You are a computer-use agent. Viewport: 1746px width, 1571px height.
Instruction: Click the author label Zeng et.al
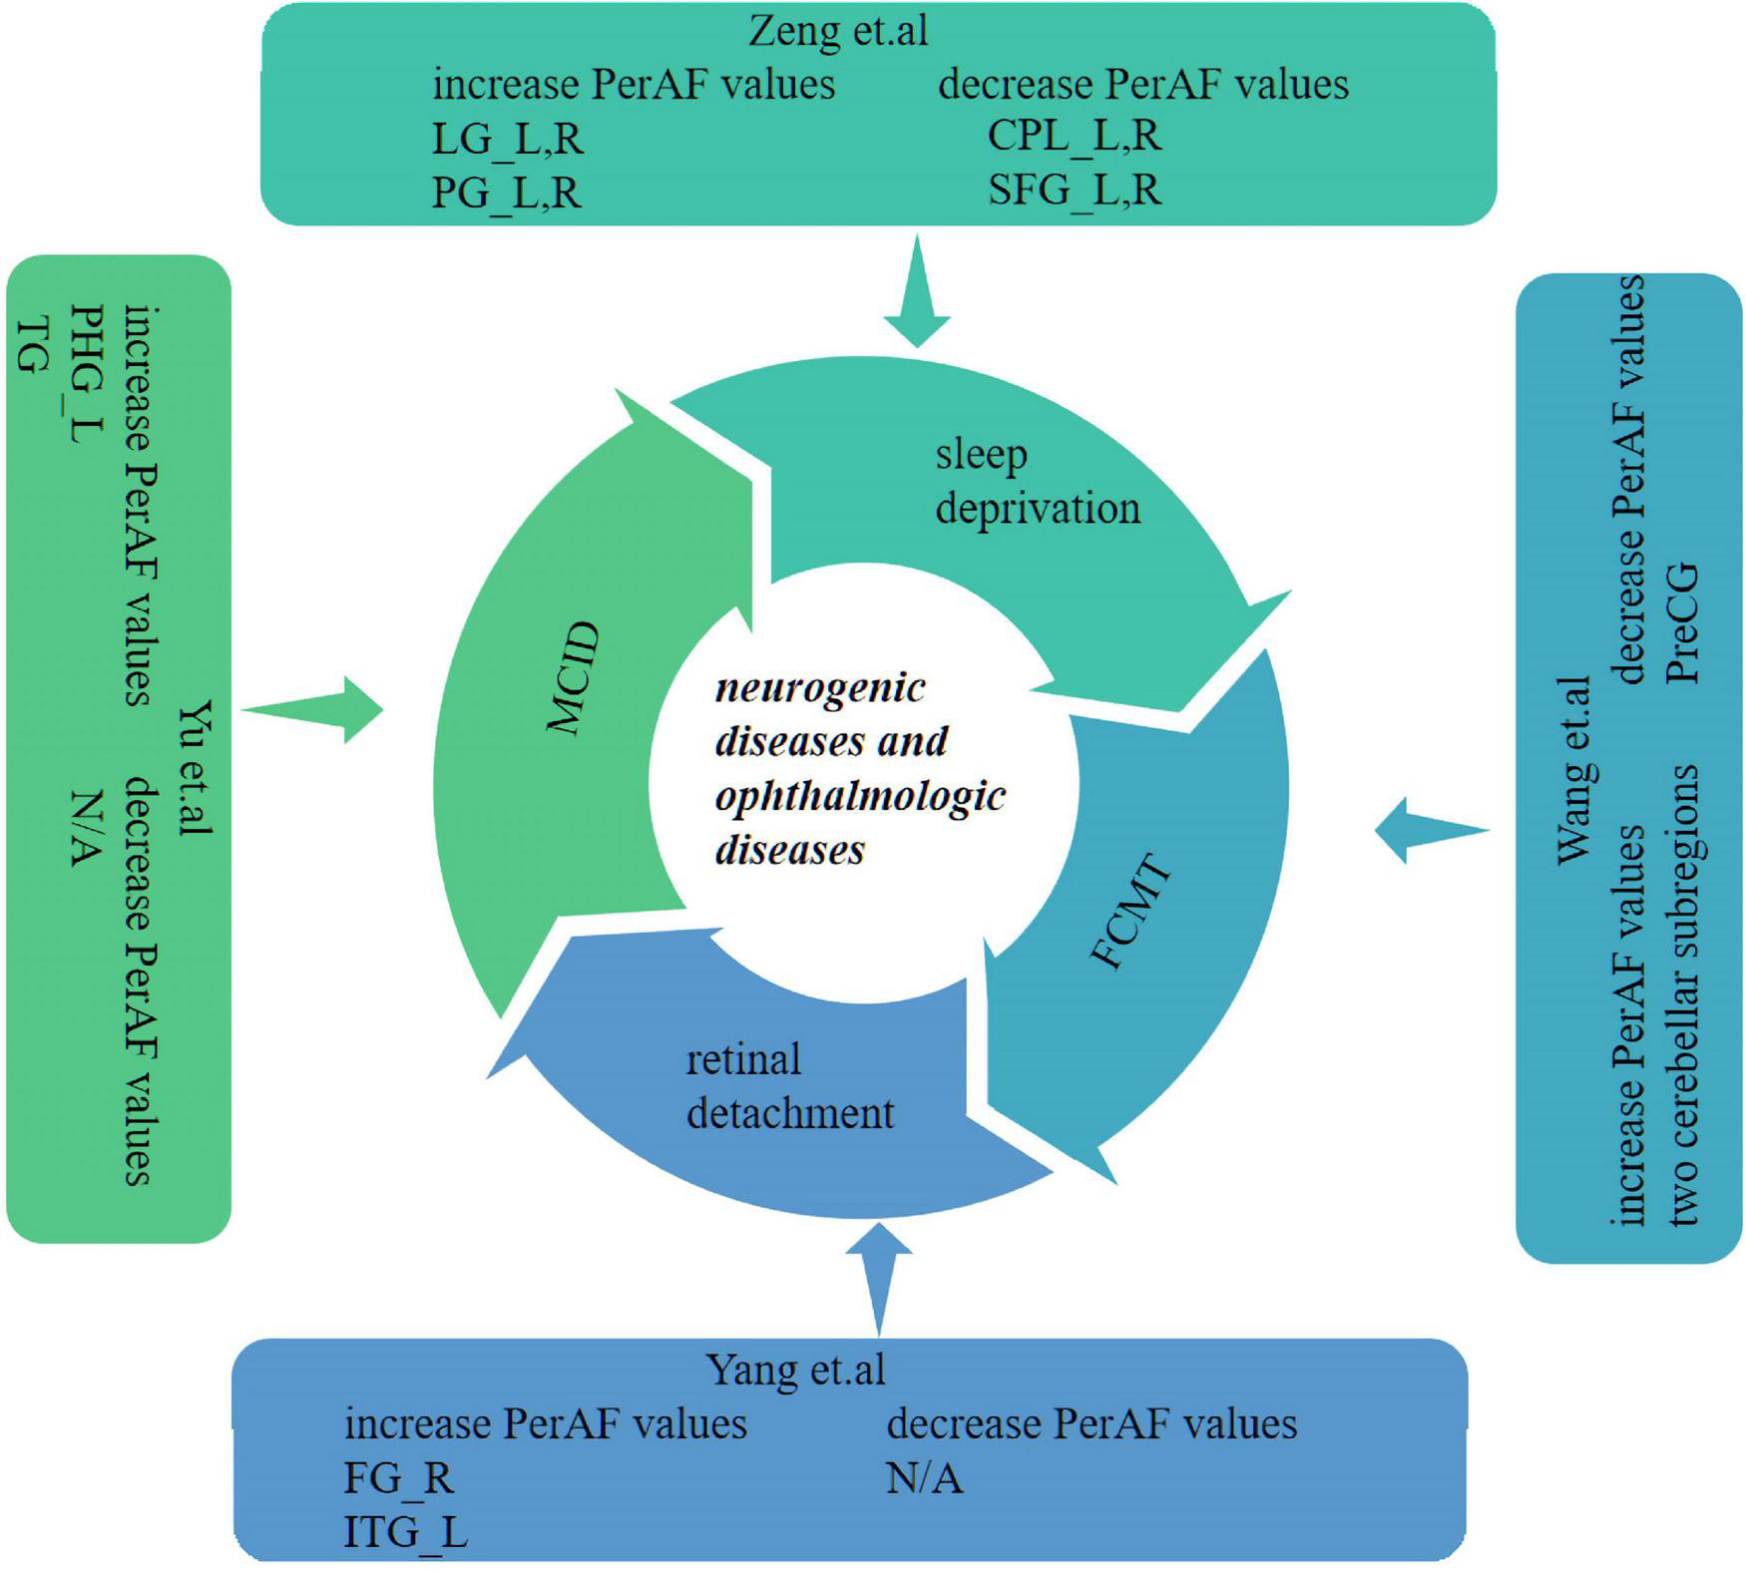(x=837, y=31)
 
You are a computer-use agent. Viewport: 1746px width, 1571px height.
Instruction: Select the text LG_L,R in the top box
(x=507, y=139)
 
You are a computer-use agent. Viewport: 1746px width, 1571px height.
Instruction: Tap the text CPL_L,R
(x=1074, y=135)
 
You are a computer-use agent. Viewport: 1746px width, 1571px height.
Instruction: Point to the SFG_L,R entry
(x=1074, y=189)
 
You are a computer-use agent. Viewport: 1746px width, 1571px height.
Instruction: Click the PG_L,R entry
(x=506, y=193)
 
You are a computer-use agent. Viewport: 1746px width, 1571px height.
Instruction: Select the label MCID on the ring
(x=575, y=678)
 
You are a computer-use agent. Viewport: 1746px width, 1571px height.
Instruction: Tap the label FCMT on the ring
(x=1130, y=912)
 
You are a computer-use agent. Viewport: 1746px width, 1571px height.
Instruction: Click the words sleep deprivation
(x=1036, y=481)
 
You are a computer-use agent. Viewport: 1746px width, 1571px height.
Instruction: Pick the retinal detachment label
(x=788, y=1086)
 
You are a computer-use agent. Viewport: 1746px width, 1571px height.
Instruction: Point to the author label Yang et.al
(x=795, y=1370)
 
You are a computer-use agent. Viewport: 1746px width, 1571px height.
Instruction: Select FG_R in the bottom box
(x=398, y=1477)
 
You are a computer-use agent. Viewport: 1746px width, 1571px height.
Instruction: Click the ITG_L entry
(x=405, y=1531)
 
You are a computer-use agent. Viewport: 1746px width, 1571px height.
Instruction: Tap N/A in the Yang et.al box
(x=924, y=1477)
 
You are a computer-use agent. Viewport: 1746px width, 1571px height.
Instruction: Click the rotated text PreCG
(x=1682, y=623)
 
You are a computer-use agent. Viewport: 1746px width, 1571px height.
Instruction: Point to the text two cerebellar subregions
(x=1682, y=994)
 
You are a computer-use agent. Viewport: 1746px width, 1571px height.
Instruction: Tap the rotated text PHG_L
(x=88, y=374)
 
